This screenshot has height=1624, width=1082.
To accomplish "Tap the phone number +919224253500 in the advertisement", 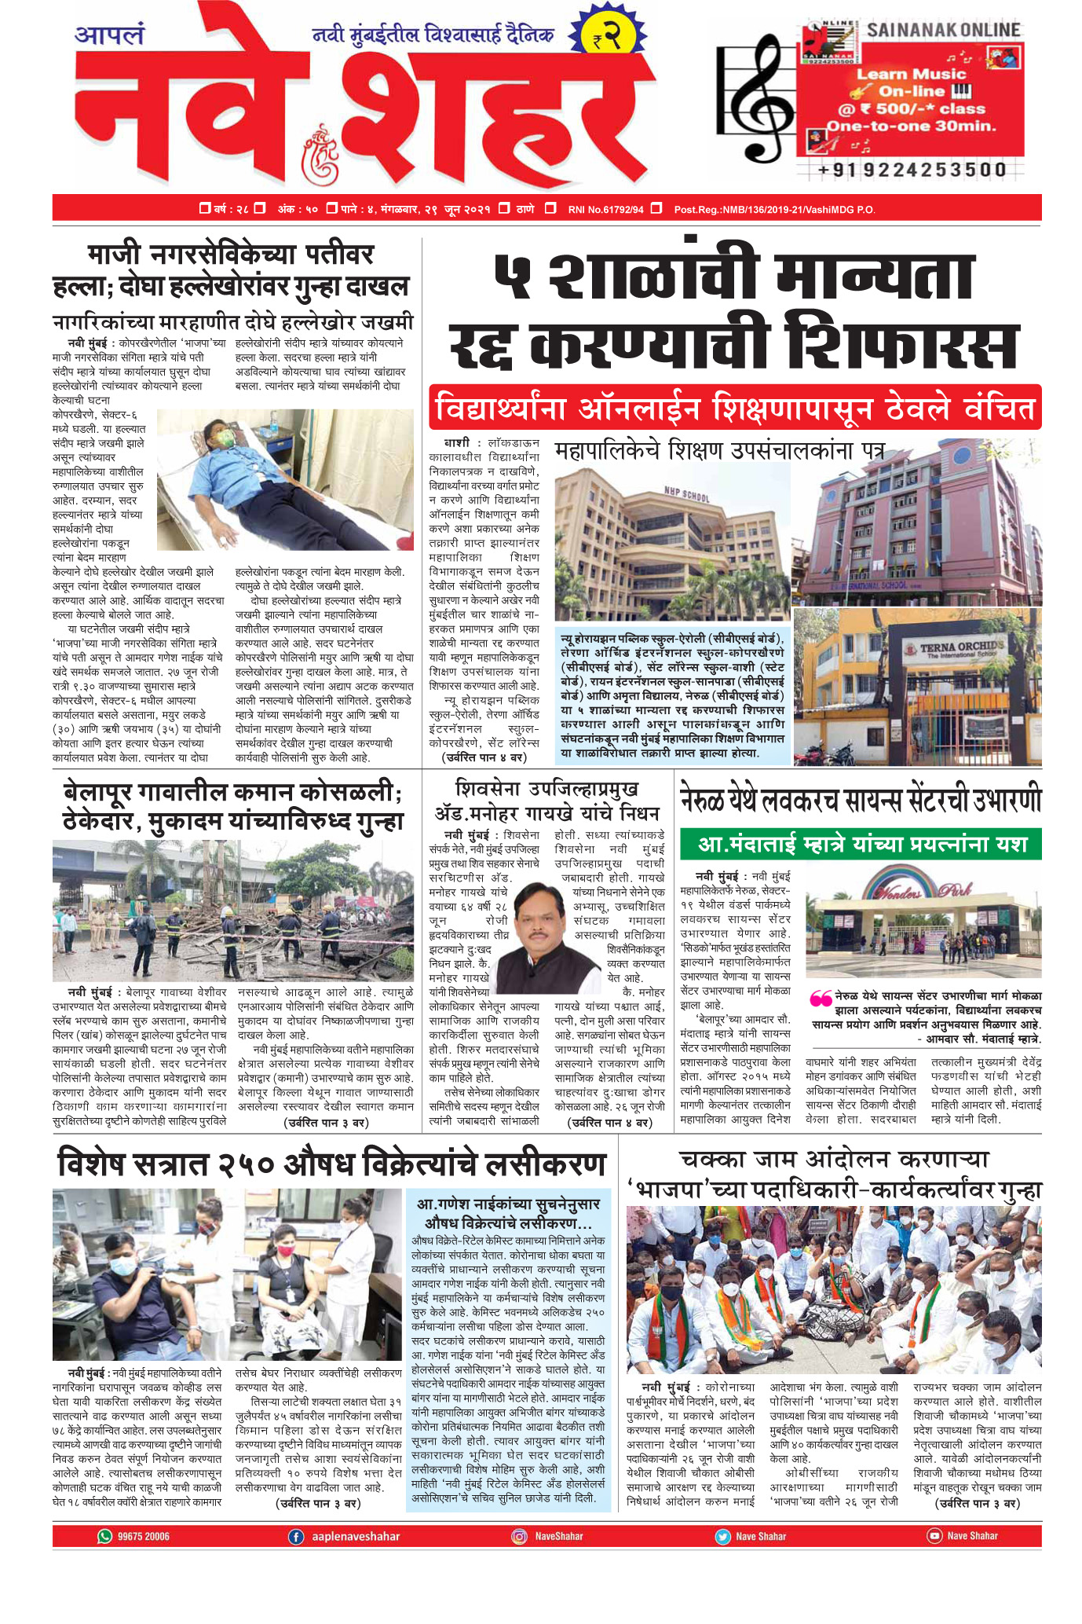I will coord(911,169).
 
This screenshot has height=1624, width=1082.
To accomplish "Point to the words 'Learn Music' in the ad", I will coord(911,74).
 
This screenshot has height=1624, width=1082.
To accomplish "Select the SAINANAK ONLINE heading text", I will coord(943,31).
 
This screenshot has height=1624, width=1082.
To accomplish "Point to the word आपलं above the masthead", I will coord(109,35).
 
